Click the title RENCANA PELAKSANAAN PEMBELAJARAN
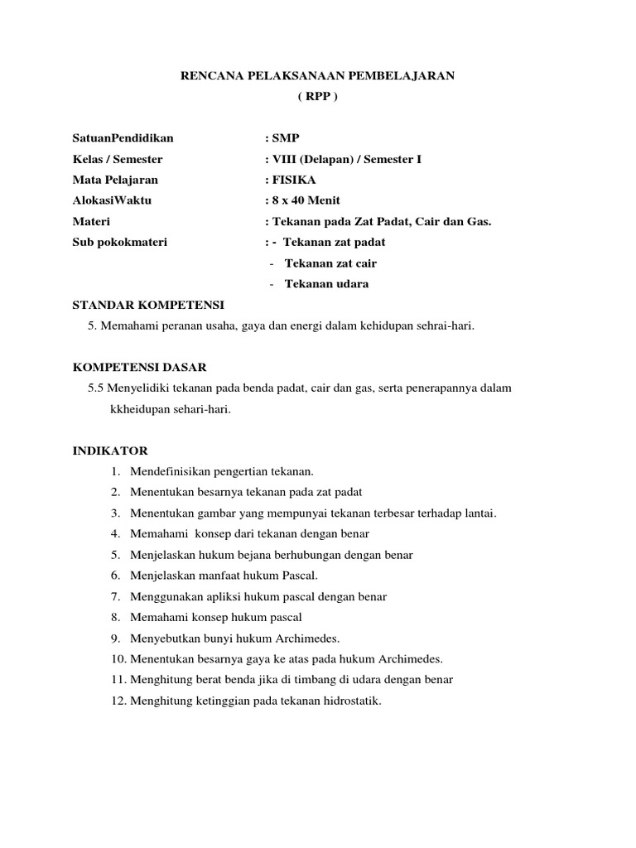coord(318,75)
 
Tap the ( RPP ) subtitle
coord(318,96)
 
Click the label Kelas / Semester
coord(118,159)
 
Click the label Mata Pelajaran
coord(115,180)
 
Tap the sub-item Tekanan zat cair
coord(330,263)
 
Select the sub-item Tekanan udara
coord(326,284)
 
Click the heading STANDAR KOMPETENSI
coord(148,305)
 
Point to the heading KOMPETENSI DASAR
coord(140,367)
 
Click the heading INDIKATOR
coord(110,451)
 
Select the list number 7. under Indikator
coord(115,596)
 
